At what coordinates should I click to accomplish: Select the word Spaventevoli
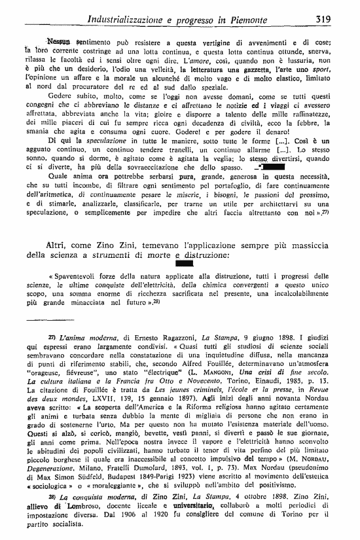[77, 259]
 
